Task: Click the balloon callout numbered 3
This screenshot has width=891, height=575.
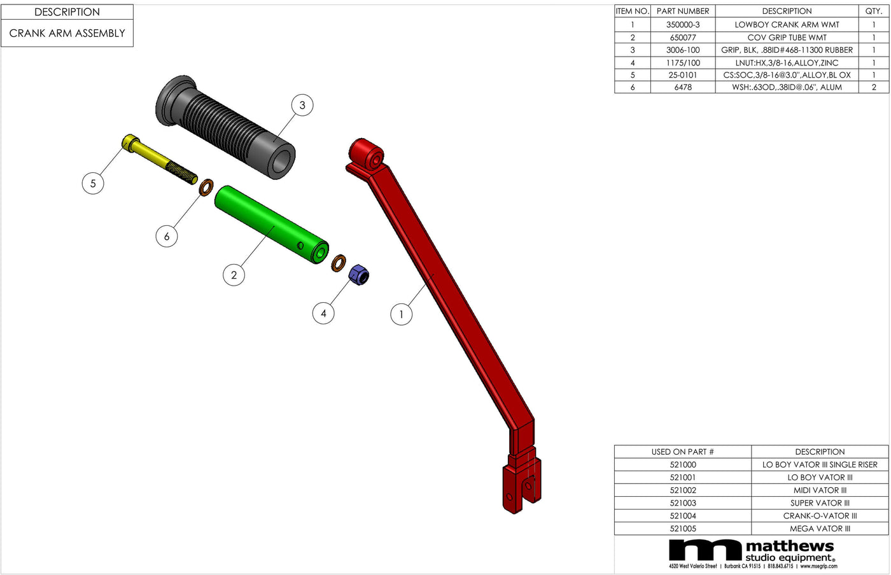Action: coord(302,106)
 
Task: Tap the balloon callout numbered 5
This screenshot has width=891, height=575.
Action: coord(93,184)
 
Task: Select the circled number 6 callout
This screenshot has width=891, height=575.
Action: coord(167,237)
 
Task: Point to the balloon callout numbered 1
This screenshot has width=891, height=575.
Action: coord(401,314)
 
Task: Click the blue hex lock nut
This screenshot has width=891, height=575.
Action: coord(359,275)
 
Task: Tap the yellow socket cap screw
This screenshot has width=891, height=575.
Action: coord(159,159)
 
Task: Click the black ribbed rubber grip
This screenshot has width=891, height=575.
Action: coord(226,127)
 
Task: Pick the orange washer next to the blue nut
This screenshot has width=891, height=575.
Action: coord(339,262)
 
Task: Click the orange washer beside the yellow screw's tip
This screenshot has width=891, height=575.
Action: coord(206,188)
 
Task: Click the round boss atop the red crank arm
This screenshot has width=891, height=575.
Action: coord(367,155)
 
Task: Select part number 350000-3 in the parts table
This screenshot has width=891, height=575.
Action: coord(682,25)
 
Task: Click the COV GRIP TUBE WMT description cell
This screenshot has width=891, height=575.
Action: coord(787,38)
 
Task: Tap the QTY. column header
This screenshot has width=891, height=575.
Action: coord(873,11)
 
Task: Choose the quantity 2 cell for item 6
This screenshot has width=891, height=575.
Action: coord(873,87)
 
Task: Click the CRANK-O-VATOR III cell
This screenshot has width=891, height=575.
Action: coord(820,516)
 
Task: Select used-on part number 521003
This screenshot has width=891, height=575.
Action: coord(682,503)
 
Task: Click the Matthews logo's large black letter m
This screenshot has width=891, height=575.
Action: coord(705,551)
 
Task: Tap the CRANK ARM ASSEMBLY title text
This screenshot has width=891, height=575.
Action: coord(67,33)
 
